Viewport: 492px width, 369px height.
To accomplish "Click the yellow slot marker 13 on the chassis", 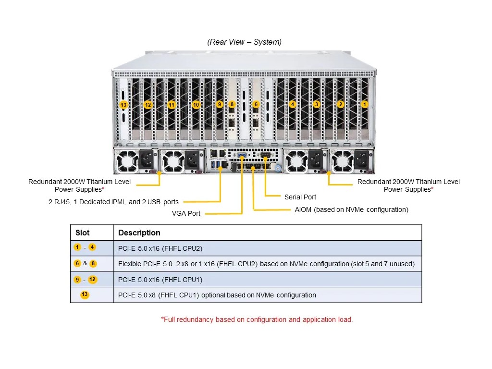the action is click(x=123, y=105).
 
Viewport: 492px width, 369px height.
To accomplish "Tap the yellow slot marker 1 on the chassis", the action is click(x=364, y=104).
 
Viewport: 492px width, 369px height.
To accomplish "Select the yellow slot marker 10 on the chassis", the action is click(x=196, y=105).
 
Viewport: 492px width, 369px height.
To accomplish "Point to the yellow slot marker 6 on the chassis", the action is click(x=256, y=104).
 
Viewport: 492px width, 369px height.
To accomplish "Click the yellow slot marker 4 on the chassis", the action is click(x=293, y=104).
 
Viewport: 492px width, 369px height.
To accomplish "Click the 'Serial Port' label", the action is click(x=300, y=197).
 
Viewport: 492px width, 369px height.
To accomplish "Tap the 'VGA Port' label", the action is click(x=186, y=213).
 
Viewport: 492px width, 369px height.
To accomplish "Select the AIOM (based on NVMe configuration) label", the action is click(x=351, y=209).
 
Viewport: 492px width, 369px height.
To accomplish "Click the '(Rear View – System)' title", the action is click(x=245, y=42).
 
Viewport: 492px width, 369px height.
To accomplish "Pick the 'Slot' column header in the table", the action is click(x=83, y=233).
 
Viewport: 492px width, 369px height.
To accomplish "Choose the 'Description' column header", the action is click(x=139, y=233).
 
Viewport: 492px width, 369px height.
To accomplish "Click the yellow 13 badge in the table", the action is click(x=85, y=295).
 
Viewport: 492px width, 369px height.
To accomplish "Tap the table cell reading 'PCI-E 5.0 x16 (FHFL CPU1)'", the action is click(x=160, y=280).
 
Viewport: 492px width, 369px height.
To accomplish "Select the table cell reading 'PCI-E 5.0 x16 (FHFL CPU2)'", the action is click(x=160, y=248).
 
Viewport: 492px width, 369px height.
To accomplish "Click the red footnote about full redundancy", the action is click(x=257, y=320).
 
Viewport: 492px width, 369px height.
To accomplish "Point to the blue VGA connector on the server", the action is click(x=242, y=155).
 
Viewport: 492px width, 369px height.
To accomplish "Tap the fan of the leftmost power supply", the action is click(x=127, y=161).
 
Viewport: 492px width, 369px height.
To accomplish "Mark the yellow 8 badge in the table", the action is click(x=93, y=264).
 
